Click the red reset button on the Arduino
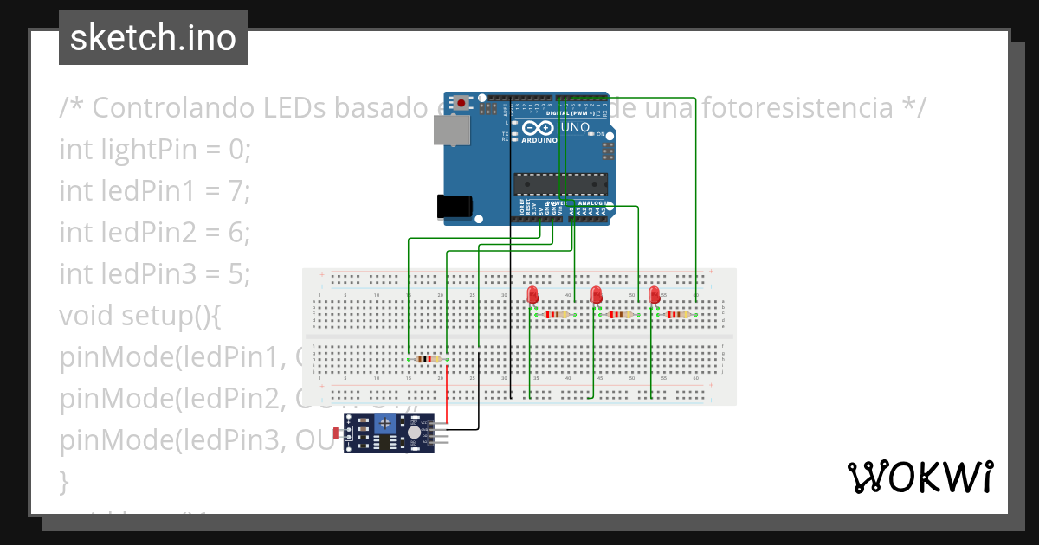(x=461, y=103)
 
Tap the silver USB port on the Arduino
(x=452, y=131)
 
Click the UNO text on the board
(x=576, y=128)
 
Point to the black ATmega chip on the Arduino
(x=560, y=183)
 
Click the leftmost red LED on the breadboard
(x=532, y=295)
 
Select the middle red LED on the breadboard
(x=596, y=296)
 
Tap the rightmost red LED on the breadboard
(x=654, y=296)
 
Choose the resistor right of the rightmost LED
(x=678, y=315)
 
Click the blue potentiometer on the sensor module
(x=386, y=423)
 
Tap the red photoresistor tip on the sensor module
(x=349, y=432)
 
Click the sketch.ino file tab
(x=153, y=38)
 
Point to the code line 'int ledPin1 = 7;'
(x=154, y=190)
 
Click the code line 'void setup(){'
(x=140, y=315)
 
